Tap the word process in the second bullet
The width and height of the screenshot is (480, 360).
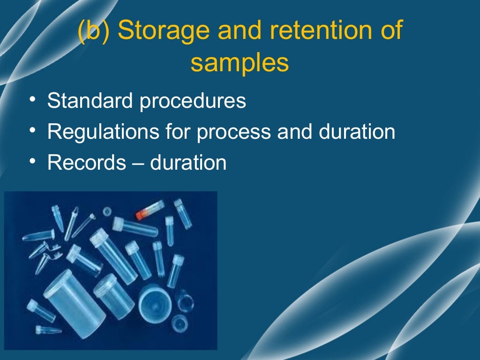click(233, 133)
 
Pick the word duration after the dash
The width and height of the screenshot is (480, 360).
click(188, 163)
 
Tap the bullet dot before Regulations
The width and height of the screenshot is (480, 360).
click(31, 132)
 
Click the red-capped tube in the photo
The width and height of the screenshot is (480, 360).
click(150, 210)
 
